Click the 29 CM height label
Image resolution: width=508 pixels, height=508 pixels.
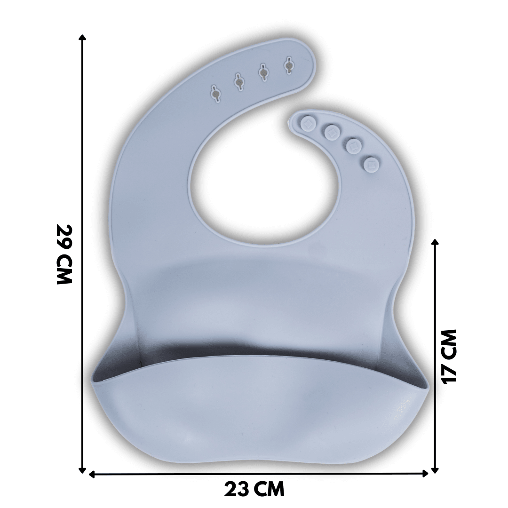tap(64, 254)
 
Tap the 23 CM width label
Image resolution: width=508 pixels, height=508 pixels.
tap(254, 489)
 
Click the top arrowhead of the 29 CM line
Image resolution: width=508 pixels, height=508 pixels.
tap(83, 37)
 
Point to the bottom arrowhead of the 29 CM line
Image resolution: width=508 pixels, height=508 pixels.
tap(83, 470)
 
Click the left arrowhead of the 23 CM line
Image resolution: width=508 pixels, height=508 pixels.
tap(92, 474)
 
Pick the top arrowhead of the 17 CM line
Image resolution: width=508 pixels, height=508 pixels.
tap(435, 242)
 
